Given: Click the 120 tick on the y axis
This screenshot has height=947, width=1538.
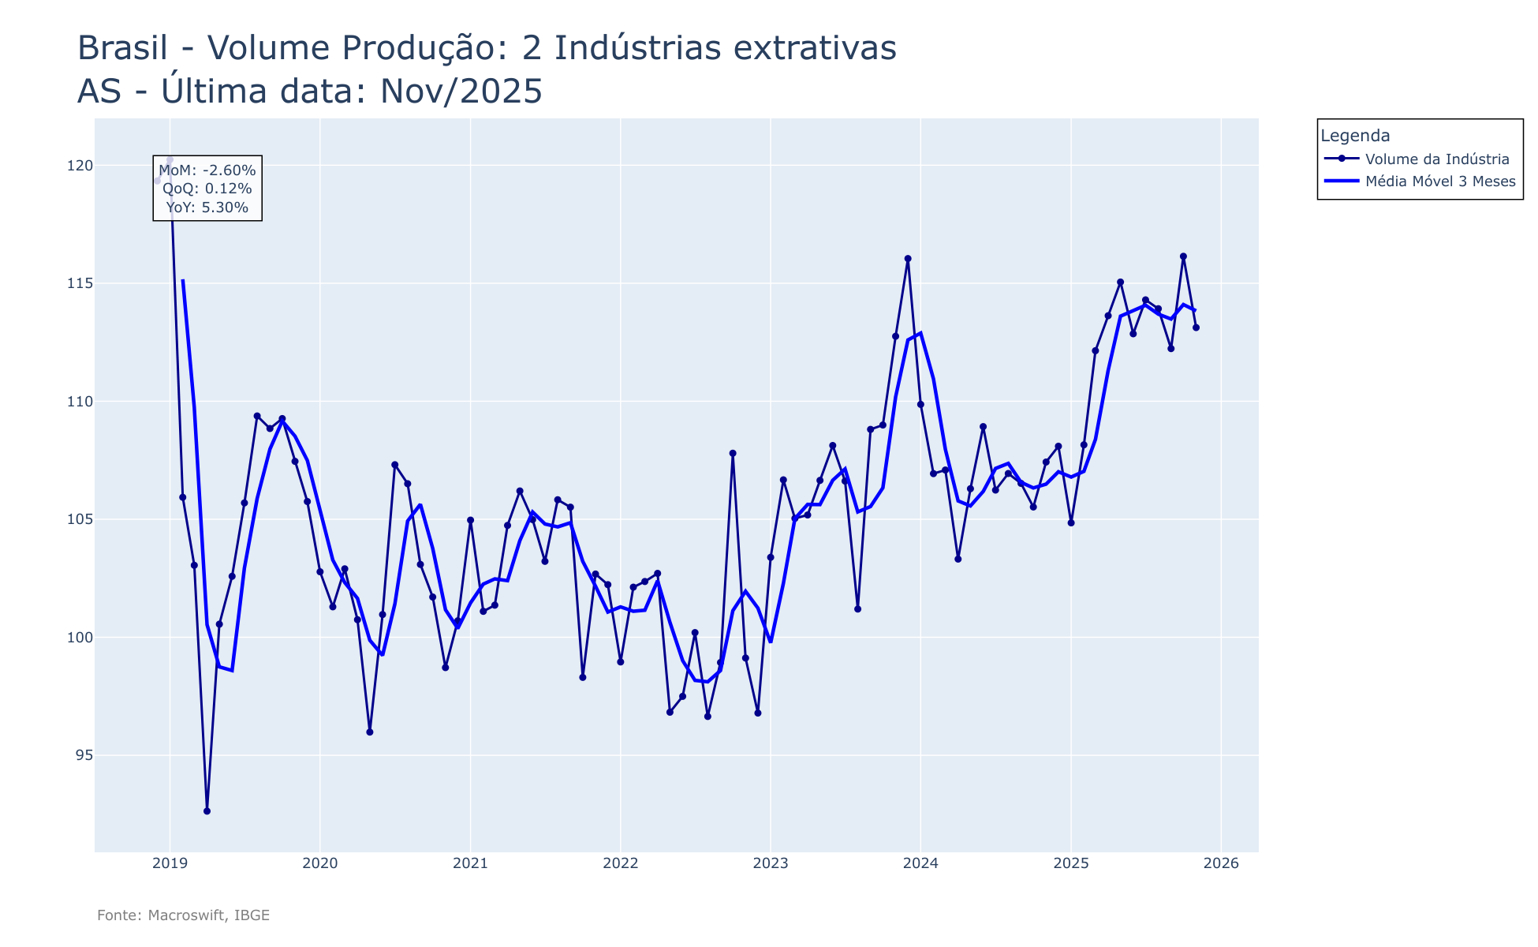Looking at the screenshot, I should (x=80, y=166).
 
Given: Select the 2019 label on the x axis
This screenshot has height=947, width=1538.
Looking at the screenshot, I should (x=170, y=863).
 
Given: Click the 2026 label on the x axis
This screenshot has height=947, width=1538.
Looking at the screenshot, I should (x=1221, y=863).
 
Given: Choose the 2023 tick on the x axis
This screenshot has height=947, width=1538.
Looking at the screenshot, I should (x=771, y=863).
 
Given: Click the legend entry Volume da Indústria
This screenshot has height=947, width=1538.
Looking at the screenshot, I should (x=1437, y=159).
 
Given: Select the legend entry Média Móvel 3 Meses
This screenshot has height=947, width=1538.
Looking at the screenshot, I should (x=1440, y=182).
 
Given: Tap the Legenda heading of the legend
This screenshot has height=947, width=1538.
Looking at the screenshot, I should (x=1355, y=136).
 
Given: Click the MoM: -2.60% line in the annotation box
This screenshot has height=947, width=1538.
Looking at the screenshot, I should (x=207, y=170).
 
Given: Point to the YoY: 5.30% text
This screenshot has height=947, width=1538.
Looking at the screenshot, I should (x=207, y=208).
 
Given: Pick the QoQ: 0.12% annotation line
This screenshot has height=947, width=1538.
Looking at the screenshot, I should (x=207, y=189).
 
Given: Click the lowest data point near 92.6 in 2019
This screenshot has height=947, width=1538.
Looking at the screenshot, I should (x=207, y=811).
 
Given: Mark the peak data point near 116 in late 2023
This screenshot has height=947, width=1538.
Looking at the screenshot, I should (x=908, y=259).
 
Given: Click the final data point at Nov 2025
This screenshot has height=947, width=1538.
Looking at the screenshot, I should (x=1196, y=328).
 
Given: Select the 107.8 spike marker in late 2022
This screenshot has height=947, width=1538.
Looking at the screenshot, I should (x=733, y=454).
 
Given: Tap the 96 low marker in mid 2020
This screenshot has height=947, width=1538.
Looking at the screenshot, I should (x=370, y=732).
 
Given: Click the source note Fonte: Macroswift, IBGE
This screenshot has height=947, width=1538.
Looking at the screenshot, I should (x=183, y=915).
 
